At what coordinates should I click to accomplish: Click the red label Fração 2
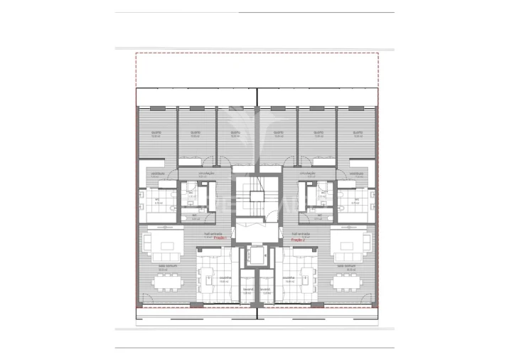298,240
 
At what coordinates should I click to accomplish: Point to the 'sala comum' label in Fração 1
163,266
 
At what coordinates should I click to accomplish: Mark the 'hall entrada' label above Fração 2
302,233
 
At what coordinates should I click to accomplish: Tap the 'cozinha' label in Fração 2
288,279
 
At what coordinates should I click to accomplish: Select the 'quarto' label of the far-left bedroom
156,132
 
